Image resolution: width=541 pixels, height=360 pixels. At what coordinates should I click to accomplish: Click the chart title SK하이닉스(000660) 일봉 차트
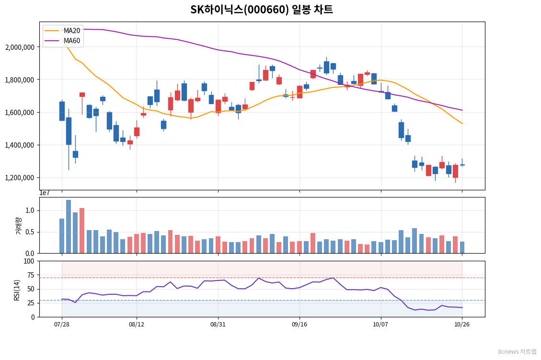[x=262, y=9]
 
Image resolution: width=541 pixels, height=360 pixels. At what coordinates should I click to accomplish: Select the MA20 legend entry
[x=63, y=31]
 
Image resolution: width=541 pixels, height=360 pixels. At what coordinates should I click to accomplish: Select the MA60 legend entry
[x=63, y=41]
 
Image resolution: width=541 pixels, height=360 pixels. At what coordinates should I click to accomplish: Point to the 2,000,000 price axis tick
[x=20, y=47]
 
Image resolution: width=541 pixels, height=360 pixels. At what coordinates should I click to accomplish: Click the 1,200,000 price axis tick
[x=20, y=178]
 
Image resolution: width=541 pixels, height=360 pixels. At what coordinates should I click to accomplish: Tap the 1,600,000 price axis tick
[x=20, y=113]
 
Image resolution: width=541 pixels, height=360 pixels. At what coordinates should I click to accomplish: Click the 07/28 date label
[x=62, y=325]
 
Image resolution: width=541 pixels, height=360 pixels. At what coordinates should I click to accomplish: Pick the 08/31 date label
[x=218, y=325]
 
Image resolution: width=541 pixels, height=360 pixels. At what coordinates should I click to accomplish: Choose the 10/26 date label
[x=462, y=325]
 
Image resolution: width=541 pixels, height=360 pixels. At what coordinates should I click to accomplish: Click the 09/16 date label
[x=299, y=325]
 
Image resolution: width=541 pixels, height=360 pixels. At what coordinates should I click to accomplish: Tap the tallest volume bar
[x=69, y=227]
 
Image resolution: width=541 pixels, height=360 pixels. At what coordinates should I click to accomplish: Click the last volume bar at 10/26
[x=462, y=247]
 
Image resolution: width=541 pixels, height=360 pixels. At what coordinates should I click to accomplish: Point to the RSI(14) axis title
[x=17, y=290]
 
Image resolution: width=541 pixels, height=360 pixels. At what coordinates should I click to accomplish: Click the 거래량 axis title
[x=18, y=226]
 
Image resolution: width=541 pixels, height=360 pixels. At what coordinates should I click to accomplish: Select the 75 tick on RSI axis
[x=31, y=275]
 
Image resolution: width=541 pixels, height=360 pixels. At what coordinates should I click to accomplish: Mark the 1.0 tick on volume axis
[x=30, y=210]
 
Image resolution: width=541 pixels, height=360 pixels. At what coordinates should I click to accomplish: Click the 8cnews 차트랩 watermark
[x=517, y=351]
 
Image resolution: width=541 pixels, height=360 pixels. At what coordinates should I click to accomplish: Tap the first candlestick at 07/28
[x=62, y=111]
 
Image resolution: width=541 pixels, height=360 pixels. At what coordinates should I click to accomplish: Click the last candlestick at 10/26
[x=462, y=165]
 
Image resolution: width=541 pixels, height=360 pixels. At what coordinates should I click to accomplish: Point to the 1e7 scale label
[x=45, y=193]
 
